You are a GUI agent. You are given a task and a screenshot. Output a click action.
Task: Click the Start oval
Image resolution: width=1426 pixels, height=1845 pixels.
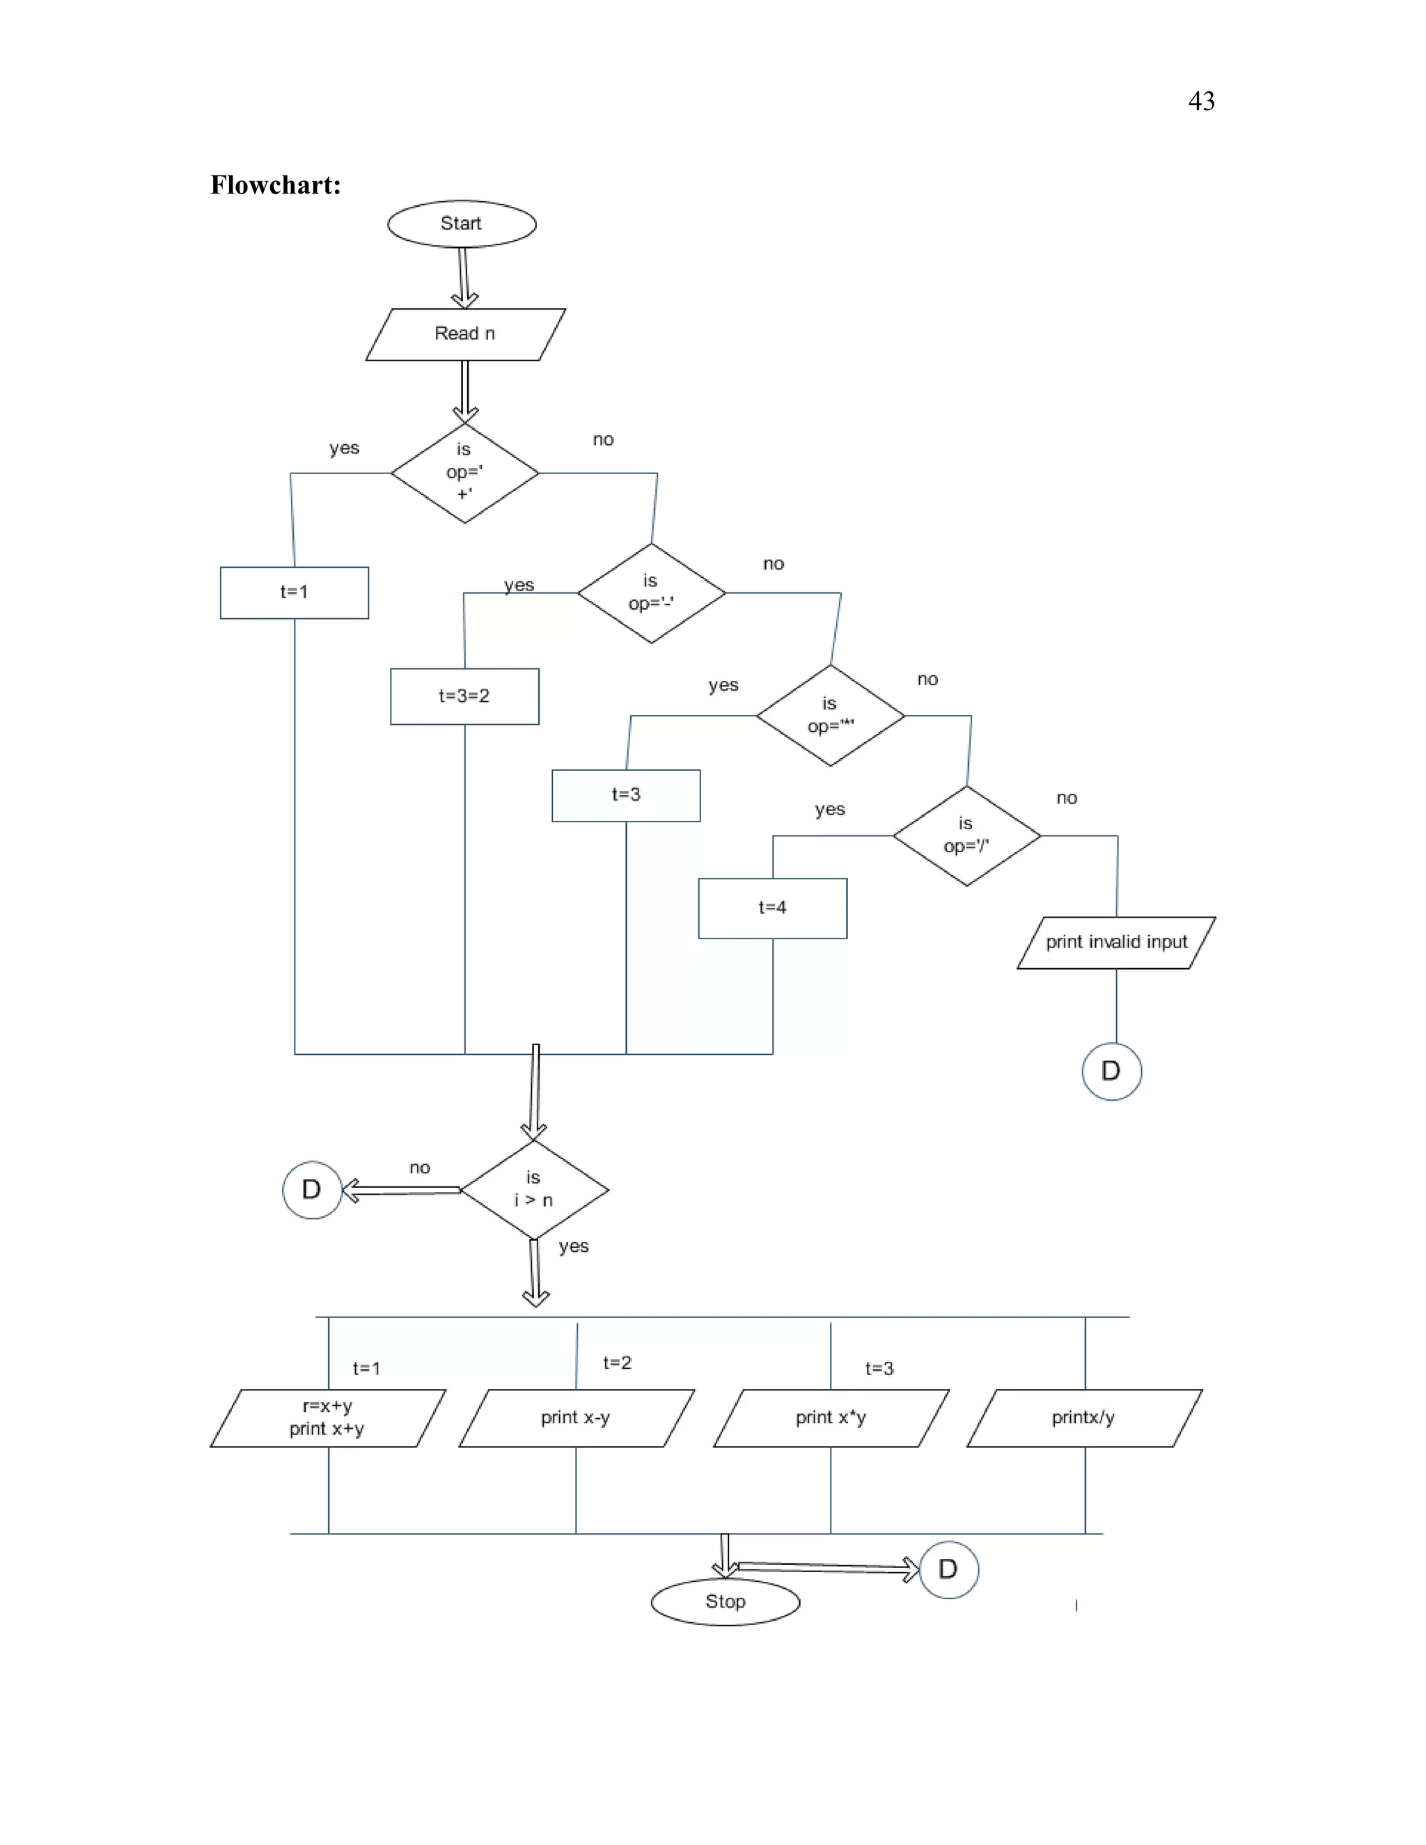click(461, 224)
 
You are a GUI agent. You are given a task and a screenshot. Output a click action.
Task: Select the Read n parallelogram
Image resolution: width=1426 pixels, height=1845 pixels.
click(464, 333)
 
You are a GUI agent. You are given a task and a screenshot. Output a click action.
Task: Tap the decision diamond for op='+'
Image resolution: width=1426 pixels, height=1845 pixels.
click(464, 472)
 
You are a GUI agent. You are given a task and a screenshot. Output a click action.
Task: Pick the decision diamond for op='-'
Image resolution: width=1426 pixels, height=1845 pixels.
click(651, 592)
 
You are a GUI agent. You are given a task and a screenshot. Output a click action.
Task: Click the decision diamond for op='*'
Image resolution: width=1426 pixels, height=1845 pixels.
click(831, 715)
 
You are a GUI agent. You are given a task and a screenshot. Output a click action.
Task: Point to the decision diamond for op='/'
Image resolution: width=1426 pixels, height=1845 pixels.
click(966, 835)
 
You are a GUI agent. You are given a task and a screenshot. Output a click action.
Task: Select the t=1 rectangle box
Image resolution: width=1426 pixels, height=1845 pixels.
click(294, 592)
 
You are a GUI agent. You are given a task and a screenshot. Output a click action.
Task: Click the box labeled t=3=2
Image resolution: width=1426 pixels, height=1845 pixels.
click(464, 696)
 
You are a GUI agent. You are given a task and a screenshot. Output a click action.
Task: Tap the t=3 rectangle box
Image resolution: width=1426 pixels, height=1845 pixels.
click(626, 795)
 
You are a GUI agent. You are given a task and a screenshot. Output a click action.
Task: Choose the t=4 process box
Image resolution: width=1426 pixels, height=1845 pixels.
click(772, 908)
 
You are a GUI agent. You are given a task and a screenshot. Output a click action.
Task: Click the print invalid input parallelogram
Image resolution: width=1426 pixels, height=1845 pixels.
click(1116, 942)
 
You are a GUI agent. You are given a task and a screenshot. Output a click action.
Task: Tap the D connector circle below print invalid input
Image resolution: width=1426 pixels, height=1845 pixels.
click(1112, 1071)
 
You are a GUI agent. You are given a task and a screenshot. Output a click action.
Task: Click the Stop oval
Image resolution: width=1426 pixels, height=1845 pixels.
click(725, 1602)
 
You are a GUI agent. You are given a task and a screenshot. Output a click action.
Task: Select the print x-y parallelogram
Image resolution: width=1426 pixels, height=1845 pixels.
click(576, 1418)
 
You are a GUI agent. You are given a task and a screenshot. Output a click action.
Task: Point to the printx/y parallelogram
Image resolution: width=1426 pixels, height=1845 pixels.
click(1084, 1418)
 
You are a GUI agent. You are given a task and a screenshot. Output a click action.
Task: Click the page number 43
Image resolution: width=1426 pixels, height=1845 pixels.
click(1201, 102)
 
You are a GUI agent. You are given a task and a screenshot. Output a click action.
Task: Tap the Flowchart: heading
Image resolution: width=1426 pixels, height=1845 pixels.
click(276, 185)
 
